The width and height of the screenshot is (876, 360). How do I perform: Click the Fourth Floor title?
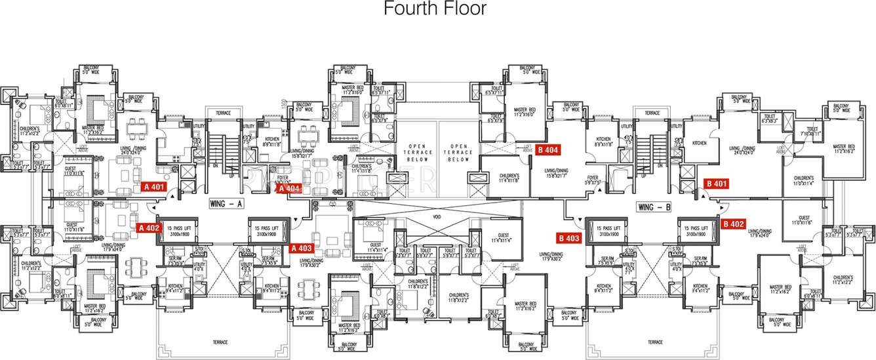click(435, 9)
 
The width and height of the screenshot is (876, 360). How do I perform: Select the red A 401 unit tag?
click(154, 186)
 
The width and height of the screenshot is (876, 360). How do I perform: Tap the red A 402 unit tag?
click(149, 228)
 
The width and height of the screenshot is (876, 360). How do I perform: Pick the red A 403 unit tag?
click(302, 248)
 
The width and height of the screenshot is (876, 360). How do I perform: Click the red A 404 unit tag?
click(289, 189)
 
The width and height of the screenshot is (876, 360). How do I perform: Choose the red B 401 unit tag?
click(716, 183)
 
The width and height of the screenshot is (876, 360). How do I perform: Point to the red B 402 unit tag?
click(733, 224)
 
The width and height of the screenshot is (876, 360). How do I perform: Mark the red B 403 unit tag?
click(568, 237)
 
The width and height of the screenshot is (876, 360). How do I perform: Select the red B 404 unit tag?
click(547, 149)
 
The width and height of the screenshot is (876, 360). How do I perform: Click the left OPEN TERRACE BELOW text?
click(418, 152)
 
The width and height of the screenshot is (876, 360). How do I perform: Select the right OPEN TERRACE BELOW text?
click(459, 152)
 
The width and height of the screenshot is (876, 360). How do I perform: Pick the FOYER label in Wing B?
click(593, 179)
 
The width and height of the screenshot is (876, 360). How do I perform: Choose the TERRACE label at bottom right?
click(654, 342)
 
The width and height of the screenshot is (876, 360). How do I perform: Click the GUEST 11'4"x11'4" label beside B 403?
click(504, 237)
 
